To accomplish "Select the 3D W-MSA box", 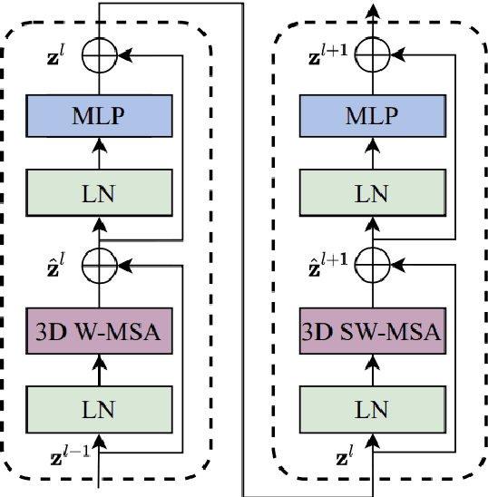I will click(x=97, y=331).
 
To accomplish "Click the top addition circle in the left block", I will click(x=97, y=56).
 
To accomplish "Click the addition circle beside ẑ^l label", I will click(x=97, y=266).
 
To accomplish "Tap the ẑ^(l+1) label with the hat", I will click(x=329, y=266).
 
